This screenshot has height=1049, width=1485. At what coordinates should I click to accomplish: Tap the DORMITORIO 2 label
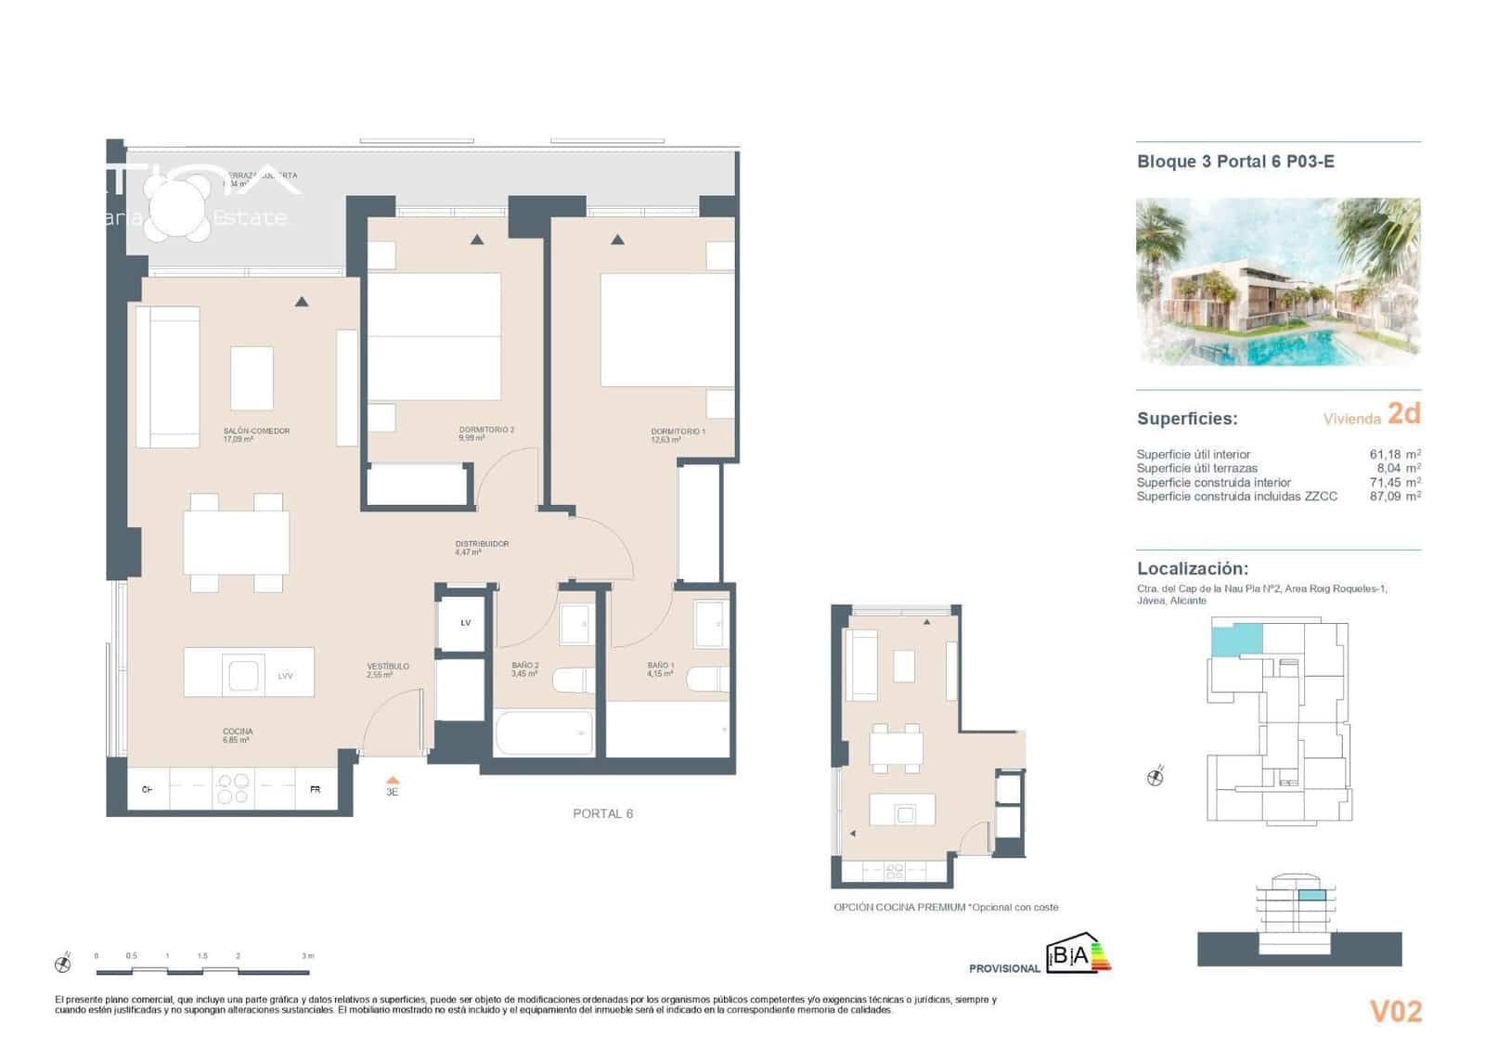pos(485,430)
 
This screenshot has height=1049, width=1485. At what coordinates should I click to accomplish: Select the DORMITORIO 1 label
pos(678,432)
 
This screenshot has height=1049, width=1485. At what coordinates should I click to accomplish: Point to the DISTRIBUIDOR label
pos(482,544)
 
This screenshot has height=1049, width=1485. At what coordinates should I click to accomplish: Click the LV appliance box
pos(465,623)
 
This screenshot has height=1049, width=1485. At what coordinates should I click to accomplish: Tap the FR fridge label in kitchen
pos(315,790)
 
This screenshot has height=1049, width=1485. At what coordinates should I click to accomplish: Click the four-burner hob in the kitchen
pos(233,789)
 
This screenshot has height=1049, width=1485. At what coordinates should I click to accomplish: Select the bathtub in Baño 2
pos(544,733)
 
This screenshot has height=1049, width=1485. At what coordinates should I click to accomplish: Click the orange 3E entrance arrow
pos(393,782)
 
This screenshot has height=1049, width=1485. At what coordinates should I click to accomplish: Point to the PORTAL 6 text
pos(602,813)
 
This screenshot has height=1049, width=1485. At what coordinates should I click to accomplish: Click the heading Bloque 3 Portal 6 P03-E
pos(1235,162)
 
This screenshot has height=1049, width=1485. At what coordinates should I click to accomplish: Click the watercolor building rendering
pos(1278,281)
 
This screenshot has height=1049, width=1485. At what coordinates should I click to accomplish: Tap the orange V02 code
pos(1395,1011)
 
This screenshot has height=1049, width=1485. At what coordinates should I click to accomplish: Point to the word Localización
pos(1192,569)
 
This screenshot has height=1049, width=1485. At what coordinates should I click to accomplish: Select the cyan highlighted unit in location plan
pos(1236,641)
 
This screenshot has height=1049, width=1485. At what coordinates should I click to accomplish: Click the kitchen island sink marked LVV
pos(244,675)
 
